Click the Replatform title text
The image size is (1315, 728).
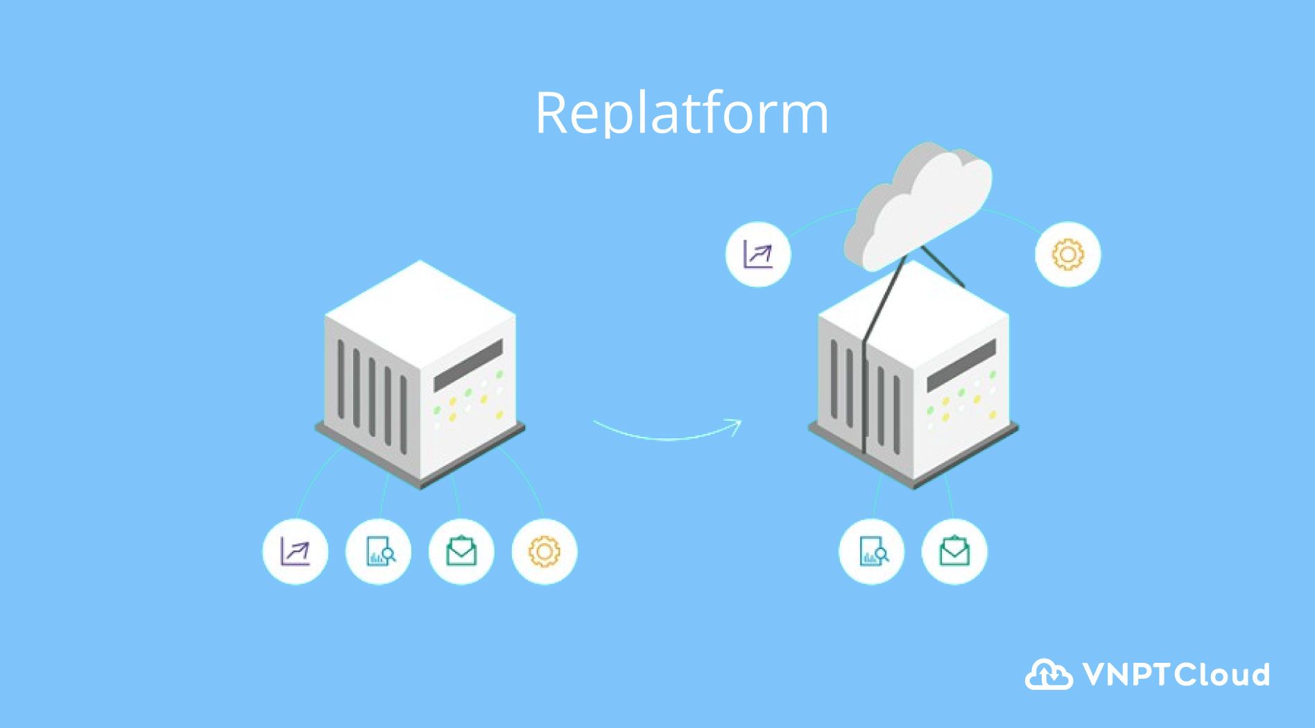coord(681,113)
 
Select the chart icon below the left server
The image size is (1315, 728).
coord(295,552)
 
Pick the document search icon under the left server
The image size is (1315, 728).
coord(379,552)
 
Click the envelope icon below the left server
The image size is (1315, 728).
coord(461,552)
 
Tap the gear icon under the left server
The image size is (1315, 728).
coord(544,552)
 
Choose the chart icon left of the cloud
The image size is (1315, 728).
coord(758,254)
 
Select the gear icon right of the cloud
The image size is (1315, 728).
coord(1067,254)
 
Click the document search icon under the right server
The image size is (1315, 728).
coord(872,552)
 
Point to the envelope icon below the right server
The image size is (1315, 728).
coord(954,552)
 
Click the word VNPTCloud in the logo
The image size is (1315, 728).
coord(1176,675)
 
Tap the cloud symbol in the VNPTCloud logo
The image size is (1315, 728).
coord(1048,675)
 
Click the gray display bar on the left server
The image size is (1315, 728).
coord(468,365)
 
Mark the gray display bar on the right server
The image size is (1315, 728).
coord(961,365)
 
